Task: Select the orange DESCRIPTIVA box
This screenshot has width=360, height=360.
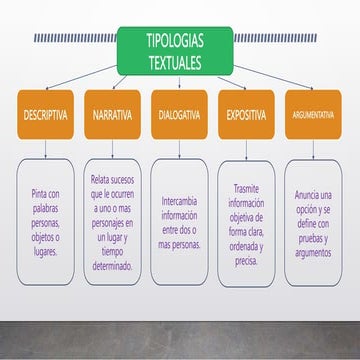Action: pyautogui.click(x=46, y=115)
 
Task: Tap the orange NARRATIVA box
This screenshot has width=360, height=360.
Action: pyautogui.click(x=112, y=115)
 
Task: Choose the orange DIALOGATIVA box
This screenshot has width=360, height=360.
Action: pyautogui.click(x=179, y=115)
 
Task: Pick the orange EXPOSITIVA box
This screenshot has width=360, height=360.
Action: pyautogui.click(x=246, y=115)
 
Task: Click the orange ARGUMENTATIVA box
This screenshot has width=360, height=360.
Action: pyautogui.click(x=312, y=115)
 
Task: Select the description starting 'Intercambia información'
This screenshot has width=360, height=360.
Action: pyautogui.click(x=179, y=221)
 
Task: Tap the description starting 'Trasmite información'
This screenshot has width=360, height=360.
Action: pyautogui.click(x=246, y=223)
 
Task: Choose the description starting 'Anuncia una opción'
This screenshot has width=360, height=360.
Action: pyautogui.click(x=312, y=223)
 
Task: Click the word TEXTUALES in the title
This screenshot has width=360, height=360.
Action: pyautogui.click(x=174, y=62)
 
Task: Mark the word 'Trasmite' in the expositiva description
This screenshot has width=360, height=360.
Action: pyautogui.click(x=245, y=187)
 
